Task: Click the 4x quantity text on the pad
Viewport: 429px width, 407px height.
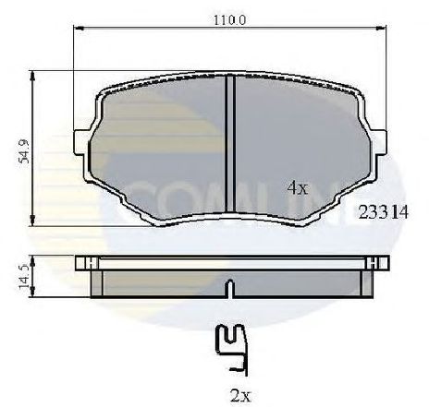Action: [296, 187]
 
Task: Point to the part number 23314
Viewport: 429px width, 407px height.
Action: [383, 211]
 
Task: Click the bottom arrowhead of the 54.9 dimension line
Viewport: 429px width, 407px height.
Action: [34, 223]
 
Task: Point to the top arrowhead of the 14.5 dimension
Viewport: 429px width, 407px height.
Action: [34, 257]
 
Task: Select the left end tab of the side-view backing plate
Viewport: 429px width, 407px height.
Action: [82, 263]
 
